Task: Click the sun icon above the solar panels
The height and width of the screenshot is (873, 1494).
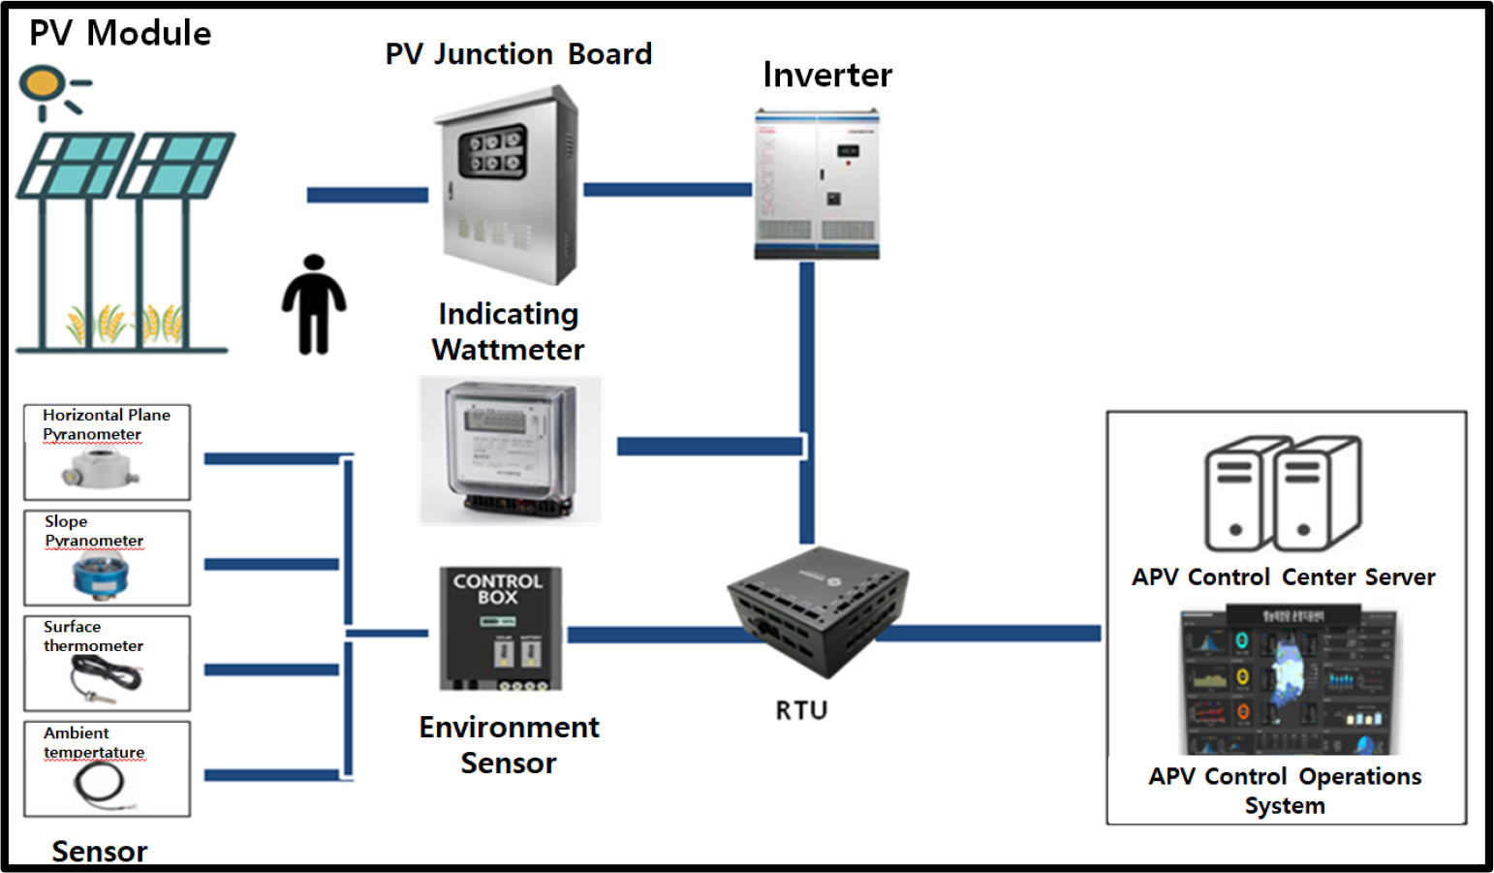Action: coord(44,85)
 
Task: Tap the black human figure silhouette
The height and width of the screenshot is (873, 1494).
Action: coord(314,304)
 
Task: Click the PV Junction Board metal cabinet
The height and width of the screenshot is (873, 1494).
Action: coord(506,186)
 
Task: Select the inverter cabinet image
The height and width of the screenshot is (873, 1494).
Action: coord(817,185)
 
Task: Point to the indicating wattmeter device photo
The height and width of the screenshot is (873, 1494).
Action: coord(509,451)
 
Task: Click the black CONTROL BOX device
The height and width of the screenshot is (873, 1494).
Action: coord(500,628)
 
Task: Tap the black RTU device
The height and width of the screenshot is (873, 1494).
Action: coord(817,610)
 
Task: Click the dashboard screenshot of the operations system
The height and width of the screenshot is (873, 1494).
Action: coord(1288,681)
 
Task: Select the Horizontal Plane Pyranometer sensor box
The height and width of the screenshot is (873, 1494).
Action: coord(107,452)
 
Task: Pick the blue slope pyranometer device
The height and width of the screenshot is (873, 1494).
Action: coord(100,575)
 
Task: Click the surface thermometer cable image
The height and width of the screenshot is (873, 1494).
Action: coord(106,676)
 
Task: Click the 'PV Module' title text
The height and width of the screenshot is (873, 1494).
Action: coord(120,33)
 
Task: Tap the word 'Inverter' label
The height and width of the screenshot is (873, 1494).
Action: coord(826,75)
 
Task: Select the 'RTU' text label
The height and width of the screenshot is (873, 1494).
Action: coord(801,710)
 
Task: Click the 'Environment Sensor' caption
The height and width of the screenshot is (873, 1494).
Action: coord(509,744)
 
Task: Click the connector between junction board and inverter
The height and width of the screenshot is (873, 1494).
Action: coord(667,190)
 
